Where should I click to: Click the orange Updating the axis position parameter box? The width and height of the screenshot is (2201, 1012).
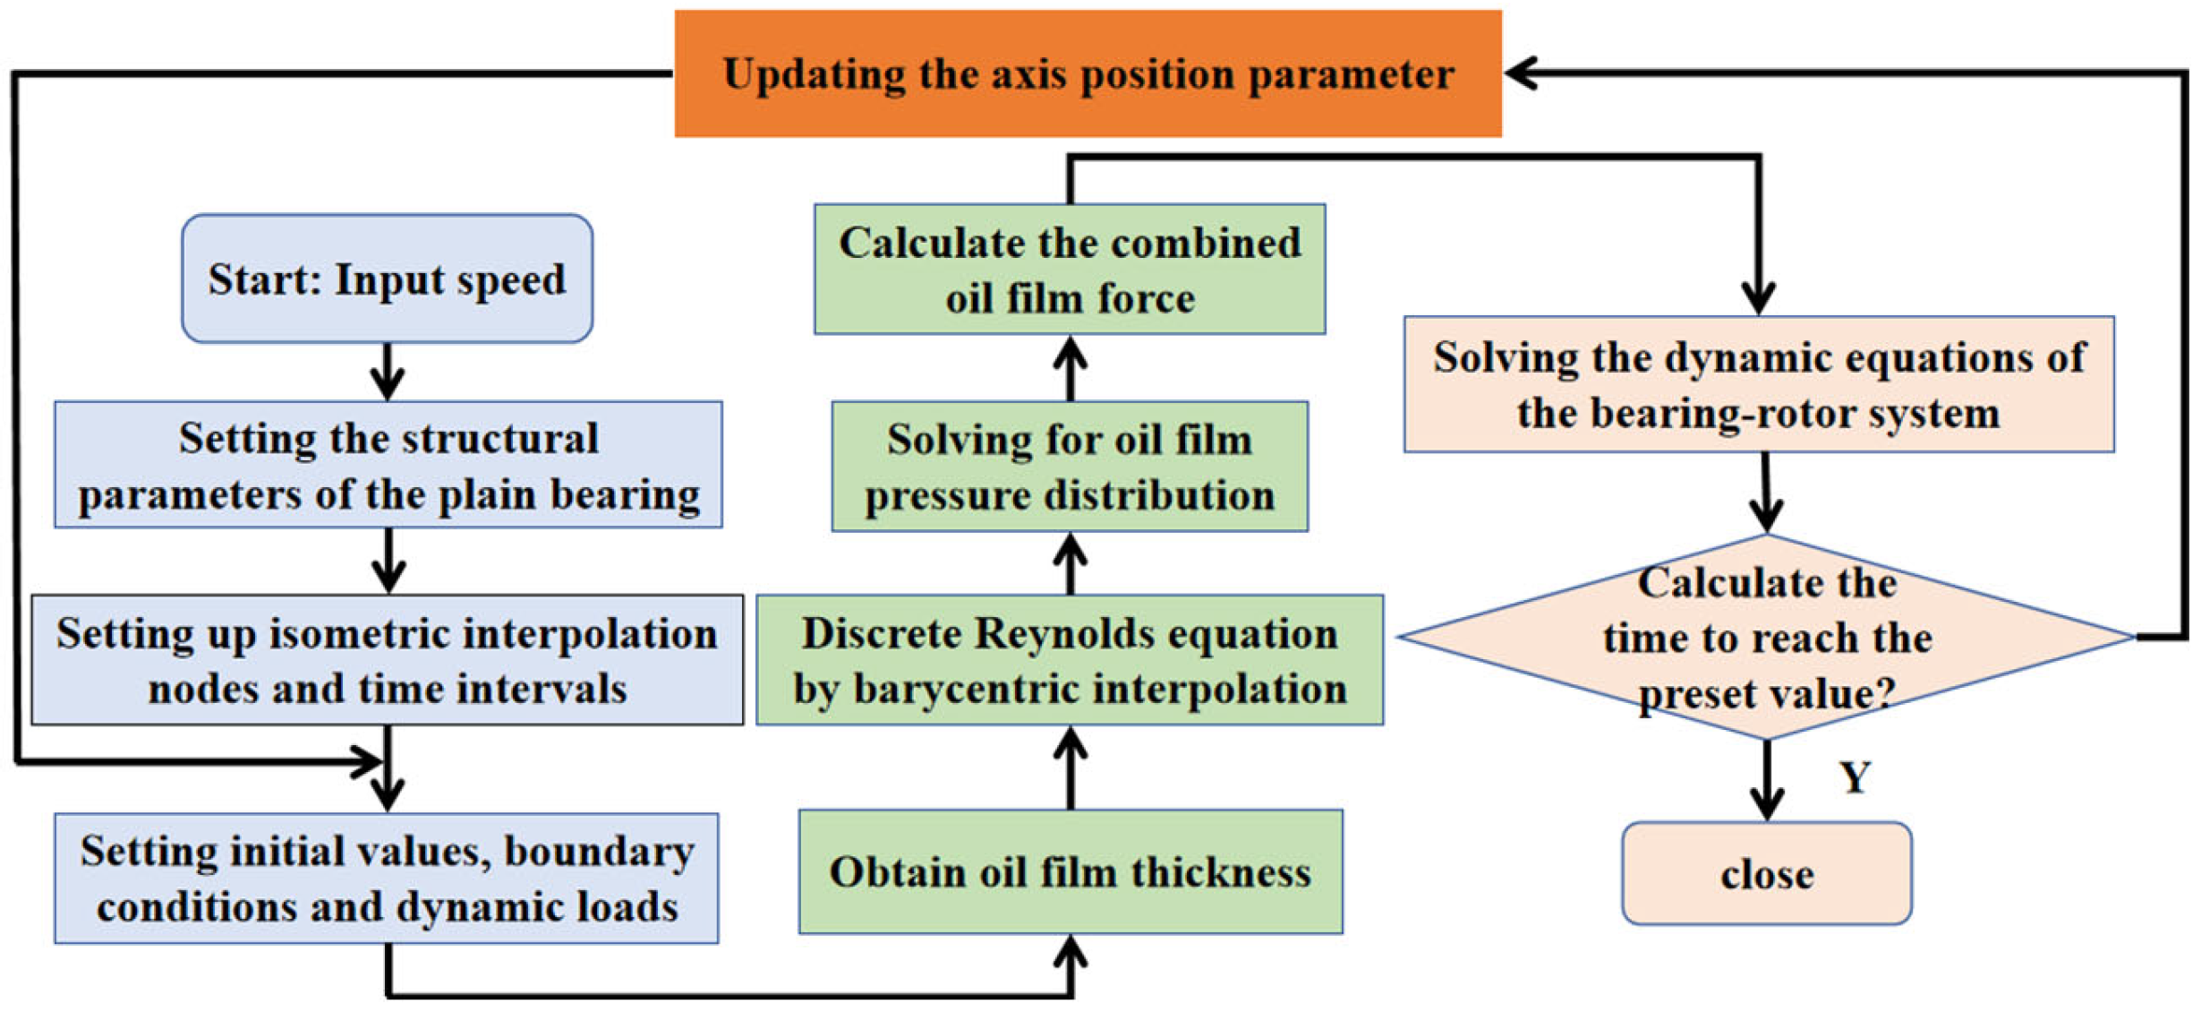pos(1088,73)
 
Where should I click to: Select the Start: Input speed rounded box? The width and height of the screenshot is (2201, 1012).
pos(387,279)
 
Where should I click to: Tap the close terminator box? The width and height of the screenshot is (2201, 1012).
pos(1766,873)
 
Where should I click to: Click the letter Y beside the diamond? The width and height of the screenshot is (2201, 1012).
pos(1855,777)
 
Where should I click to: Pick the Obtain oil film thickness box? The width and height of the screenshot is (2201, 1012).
pos(1071,871)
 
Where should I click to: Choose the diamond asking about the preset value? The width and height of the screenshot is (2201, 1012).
pos(1766,637)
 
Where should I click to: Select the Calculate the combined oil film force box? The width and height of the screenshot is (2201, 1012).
pos(1070,270)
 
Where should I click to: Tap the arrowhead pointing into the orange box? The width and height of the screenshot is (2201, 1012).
pos(1522,73)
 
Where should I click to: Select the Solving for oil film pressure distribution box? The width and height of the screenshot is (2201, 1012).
pos(1070,467)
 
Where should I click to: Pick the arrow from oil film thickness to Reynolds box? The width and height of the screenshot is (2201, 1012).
pos(1071,768)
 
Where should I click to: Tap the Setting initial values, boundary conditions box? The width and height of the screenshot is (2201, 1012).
pos(387,879)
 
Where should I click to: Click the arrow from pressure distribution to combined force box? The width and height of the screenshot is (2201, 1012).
pos(1071,368)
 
